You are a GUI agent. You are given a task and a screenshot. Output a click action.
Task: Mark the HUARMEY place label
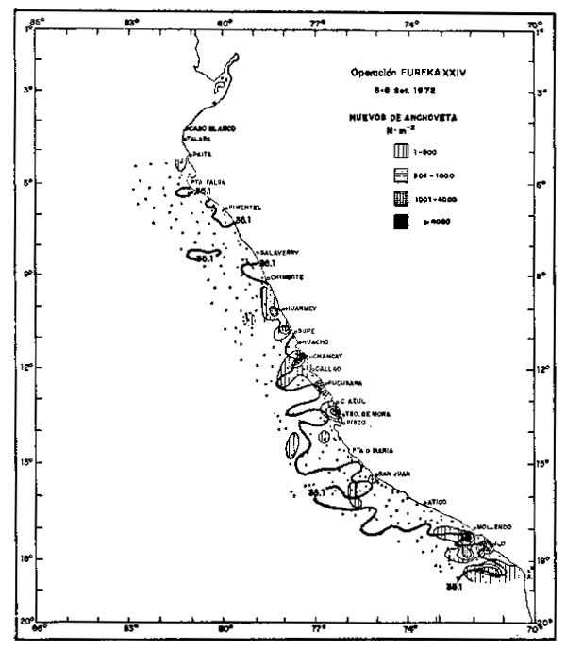pos(299,308)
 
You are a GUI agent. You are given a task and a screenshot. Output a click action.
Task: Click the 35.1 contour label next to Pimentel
pos(242,220)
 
